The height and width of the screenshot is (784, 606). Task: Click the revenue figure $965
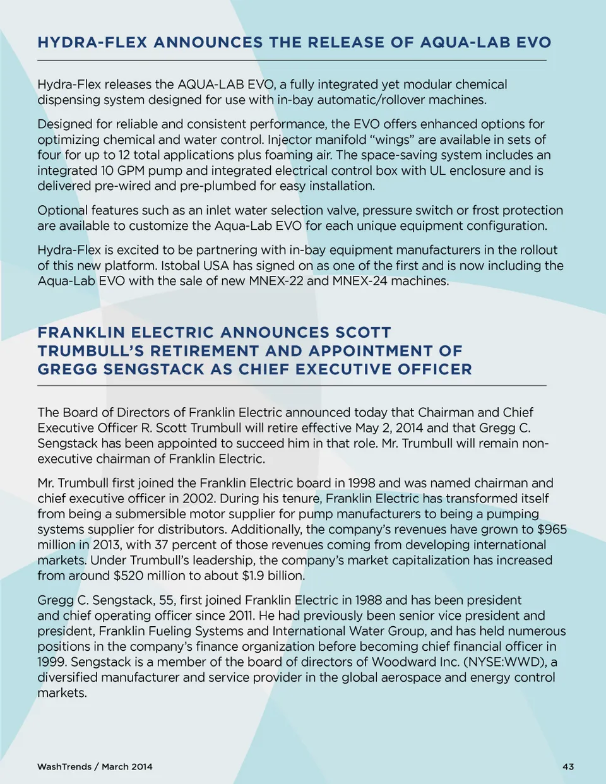(552, 530)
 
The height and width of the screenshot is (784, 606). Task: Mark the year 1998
(361, 484)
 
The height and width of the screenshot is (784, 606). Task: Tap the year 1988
(367, 600)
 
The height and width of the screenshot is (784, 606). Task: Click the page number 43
(568, 766)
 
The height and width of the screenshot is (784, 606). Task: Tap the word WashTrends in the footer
(64, 766)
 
